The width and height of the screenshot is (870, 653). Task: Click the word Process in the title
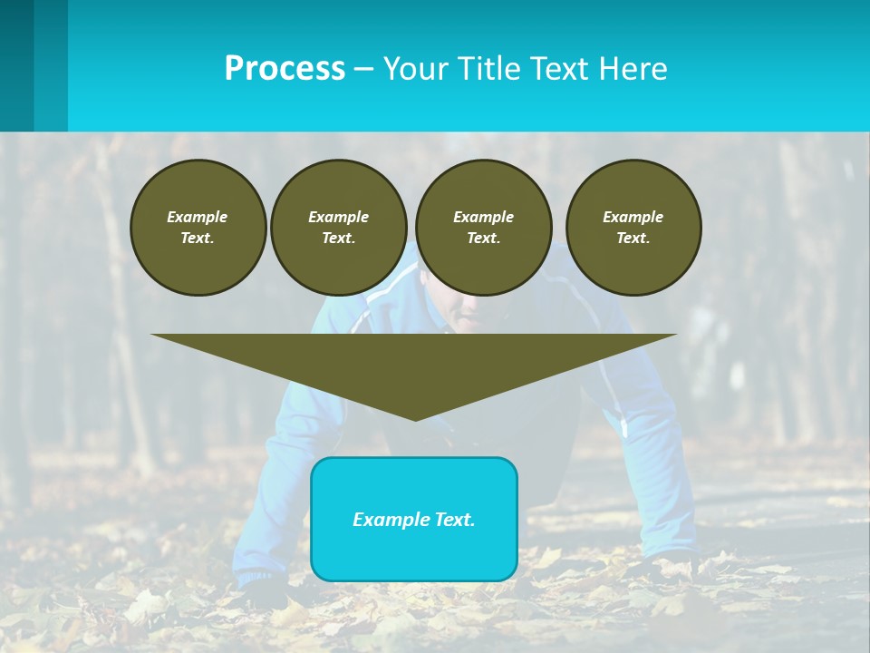(285, 69)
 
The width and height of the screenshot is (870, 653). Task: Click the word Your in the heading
(414, 69)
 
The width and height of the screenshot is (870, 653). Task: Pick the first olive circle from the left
(198, 228)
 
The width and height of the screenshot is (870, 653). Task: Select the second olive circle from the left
(338, 228)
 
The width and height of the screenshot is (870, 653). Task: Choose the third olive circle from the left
(483, 228)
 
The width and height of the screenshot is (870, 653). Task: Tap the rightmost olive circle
(633, 228)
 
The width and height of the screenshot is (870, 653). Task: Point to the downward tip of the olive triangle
(415, 418)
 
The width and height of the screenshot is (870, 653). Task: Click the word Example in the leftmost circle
(198, 217)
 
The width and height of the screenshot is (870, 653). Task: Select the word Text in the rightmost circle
(633, 238)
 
